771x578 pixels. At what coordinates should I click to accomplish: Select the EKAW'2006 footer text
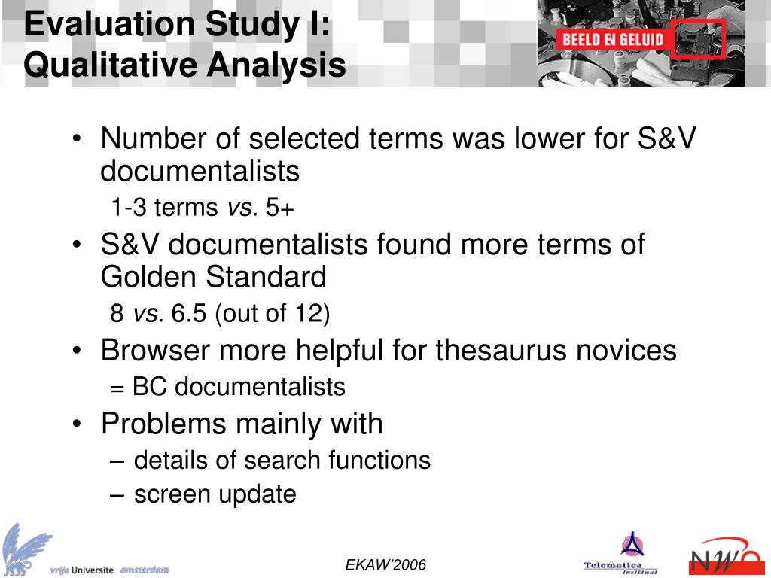point(385,565)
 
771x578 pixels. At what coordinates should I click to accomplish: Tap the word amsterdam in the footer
point(145,570)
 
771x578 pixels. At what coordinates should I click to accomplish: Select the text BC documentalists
point(239,387)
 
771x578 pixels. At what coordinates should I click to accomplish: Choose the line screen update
point(215,494)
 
